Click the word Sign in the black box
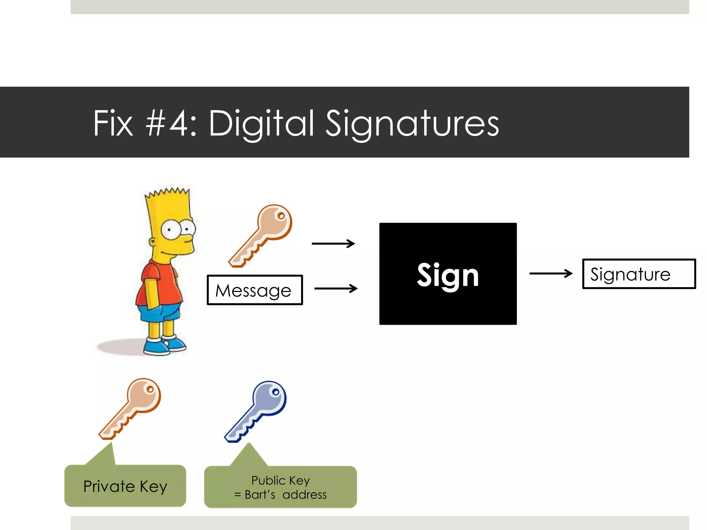448,275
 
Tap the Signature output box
639,274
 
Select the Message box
255,290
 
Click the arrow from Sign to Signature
551,274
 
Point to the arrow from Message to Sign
336,288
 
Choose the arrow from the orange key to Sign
333,244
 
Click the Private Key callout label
125,486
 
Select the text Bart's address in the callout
285,495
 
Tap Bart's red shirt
159,283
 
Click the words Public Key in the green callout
280,480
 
